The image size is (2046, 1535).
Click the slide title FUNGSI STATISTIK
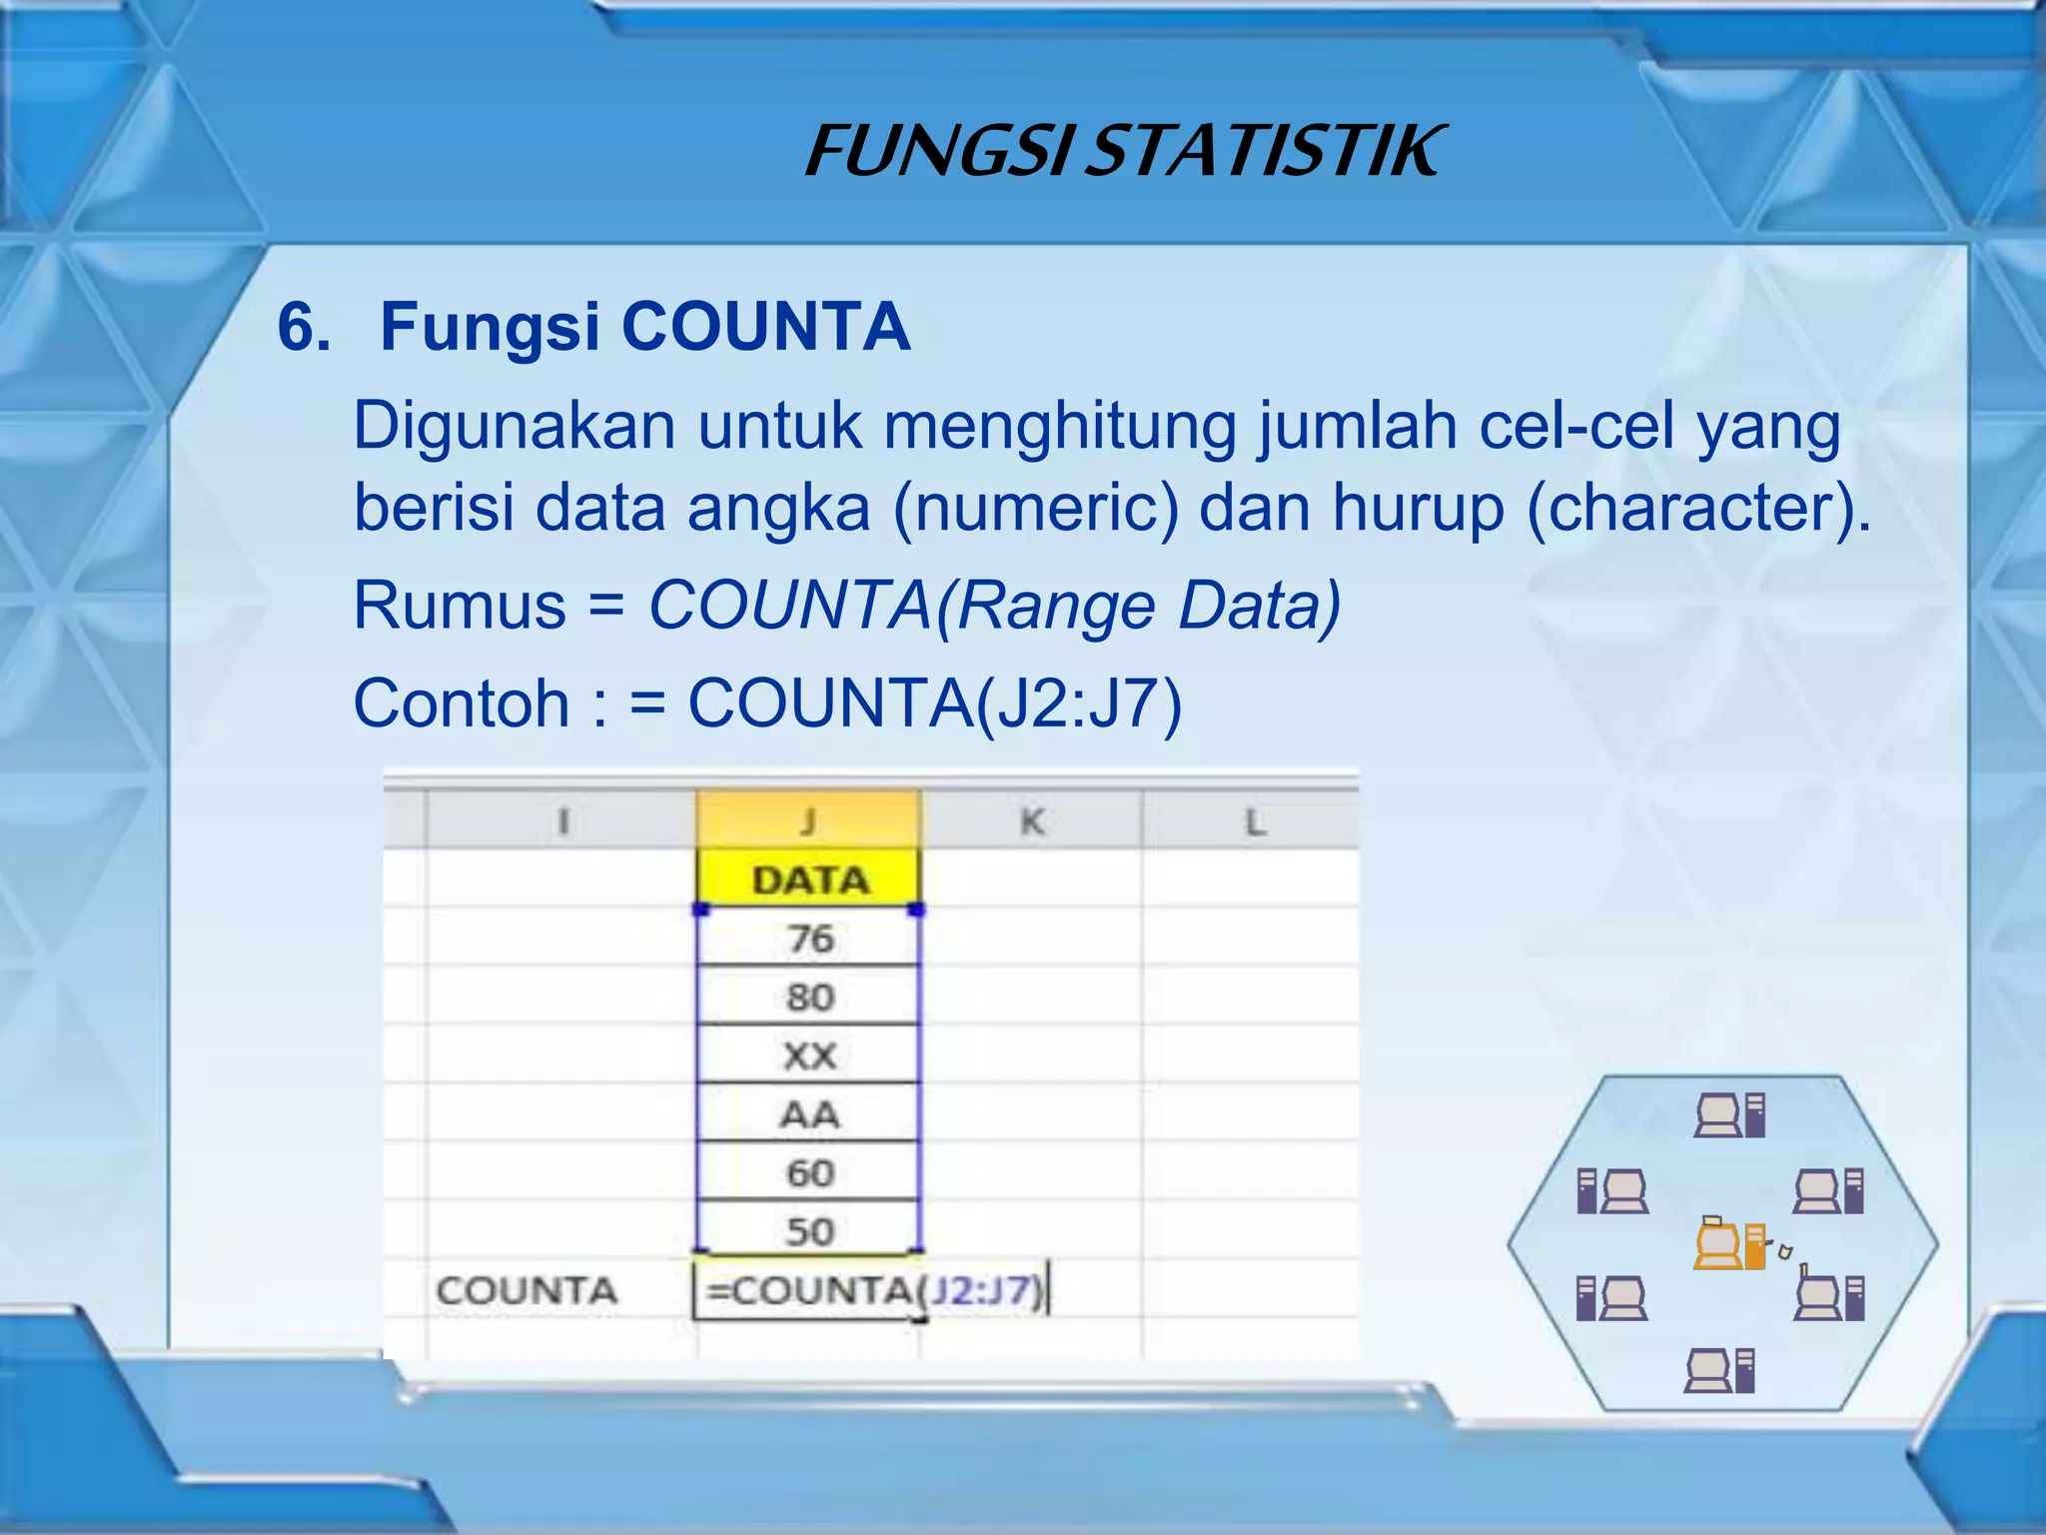[x=1123, y=152]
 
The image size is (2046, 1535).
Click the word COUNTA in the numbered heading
[x=765, y=327]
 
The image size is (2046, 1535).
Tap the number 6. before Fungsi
[x=304, y=327]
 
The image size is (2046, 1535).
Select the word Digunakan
[x=514, y=427]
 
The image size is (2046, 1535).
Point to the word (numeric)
[x=1035, y=509]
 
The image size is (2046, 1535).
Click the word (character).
[x=1698, y=509]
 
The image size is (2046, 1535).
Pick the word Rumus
[x=460, y=606]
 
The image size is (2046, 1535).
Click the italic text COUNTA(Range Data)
[x=994, y=606]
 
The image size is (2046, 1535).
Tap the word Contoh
[x=461, y=704]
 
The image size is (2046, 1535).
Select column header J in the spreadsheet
[x=808, y=821]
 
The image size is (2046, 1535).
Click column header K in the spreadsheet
[x=1031, y=821]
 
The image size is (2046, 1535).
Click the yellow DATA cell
[x=809, y=879]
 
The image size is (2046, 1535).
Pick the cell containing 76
[x=809, y=938]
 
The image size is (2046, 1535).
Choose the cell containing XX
[x=809, y=1055]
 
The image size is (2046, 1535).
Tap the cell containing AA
[x=809, y=1114]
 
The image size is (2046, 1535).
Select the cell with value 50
[x=809, y=1231]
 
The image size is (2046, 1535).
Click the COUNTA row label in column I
[x=526, y=1290]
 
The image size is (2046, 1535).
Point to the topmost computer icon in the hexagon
[x=1729, y=1115]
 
